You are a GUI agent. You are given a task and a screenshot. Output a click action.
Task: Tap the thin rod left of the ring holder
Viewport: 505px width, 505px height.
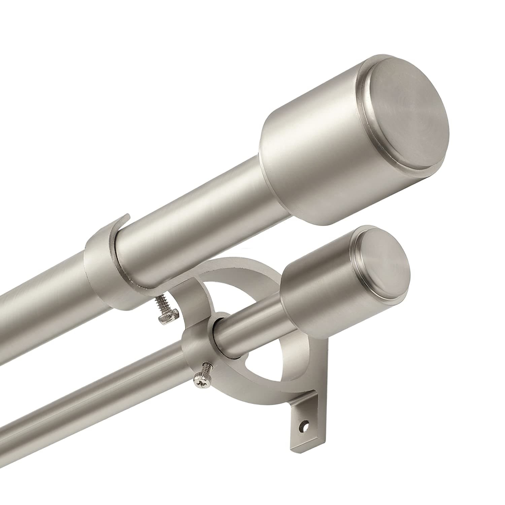coord(84,421)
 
